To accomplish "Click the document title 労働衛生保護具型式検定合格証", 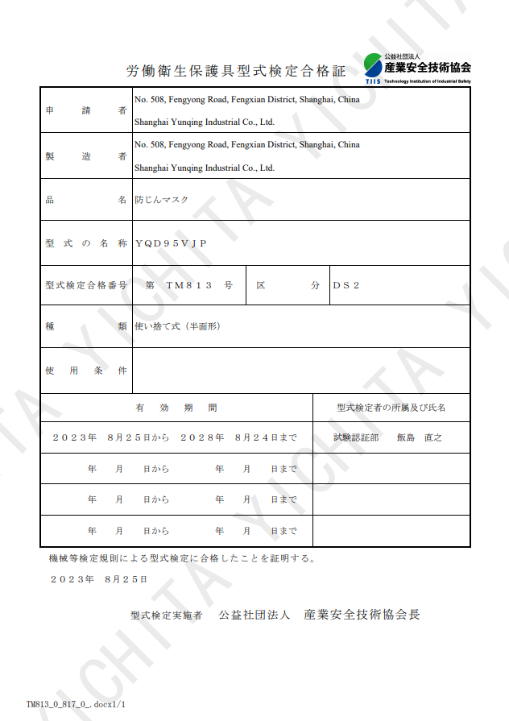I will point(236,72).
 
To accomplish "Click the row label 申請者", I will point(86,110).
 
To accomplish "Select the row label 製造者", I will point(86,156).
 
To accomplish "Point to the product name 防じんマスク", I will point(161,200).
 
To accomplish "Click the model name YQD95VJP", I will point(171,243).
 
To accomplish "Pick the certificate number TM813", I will point(188,286).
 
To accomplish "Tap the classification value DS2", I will point(346,286).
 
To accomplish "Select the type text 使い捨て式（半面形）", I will point(177,327).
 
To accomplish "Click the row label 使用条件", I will point(86,371).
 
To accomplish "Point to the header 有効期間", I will point(176,408).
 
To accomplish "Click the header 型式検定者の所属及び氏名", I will point(391,408).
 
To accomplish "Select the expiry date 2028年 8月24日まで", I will point(238,438).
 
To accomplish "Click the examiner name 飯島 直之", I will point(420,438).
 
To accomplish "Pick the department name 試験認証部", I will point(356,438).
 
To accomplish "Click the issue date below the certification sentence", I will point(99,579).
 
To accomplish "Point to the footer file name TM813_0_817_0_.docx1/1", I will point(76,703).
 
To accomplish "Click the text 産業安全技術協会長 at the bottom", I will point(362,615).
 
